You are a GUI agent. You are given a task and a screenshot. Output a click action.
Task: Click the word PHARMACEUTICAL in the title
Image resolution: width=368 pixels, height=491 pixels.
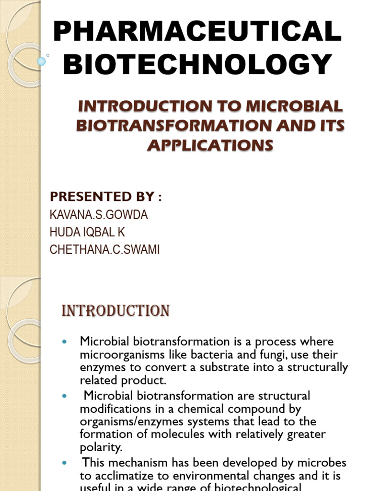click(x=197, y=32)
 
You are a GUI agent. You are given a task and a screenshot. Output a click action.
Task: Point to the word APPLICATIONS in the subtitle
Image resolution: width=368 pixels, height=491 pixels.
click(x=210, y=145)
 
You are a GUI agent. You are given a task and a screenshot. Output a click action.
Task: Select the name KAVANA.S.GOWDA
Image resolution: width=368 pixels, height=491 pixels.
click(x=99, y=215)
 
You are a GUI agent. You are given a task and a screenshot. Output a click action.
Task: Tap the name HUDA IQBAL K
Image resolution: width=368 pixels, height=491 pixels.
click(x=87, y=233)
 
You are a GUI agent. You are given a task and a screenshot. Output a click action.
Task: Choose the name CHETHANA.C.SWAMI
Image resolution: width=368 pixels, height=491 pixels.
click(x=104, y=250)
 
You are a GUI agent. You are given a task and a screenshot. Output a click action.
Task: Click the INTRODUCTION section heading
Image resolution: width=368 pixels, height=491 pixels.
click(x=115, y=311)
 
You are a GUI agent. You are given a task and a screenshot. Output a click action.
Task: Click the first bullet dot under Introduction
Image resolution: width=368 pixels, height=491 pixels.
click(x=66, y=341)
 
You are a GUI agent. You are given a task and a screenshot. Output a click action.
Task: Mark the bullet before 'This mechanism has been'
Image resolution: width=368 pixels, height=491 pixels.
click(x=66, y=464)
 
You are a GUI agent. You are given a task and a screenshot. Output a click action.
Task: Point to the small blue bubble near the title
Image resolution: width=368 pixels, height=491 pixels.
click(x=42, y=61)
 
